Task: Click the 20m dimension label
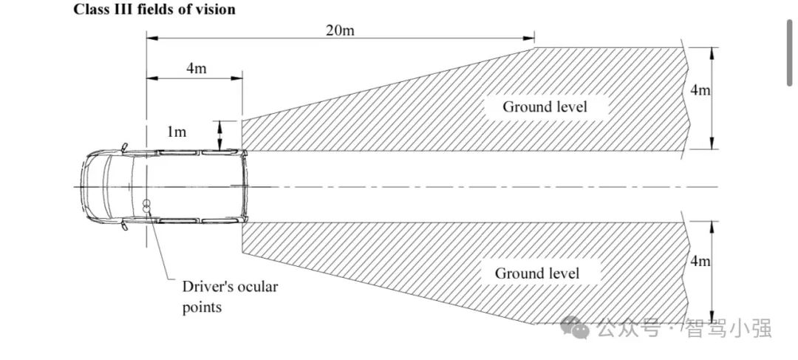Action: (x=339, y=30)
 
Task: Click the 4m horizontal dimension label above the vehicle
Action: (x=196, y=68)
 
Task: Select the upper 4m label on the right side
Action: (x=700, y=89)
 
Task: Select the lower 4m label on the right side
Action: (x=700, y=261)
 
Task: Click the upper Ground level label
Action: (x=545, y=106)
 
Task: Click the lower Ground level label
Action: (x=537, y=273)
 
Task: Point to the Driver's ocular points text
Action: (x=230, y=296)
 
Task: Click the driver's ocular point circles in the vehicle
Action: (x=147, y=206)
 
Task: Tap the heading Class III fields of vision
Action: (x=154, y=10)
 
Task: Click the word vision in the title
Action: (x=216, y=10)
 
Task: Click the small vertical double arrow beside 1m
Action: (x=219, y=135)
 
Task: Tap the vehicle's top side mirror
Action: (x=125, y=147)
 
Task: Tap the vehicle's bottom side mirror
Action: (x=125, y=225)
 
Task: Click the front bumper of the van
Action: (x=83, y=186)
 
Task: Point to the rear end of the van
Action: (x=246, y=186)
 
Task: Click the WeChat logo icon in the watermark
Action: (x=575, y=327)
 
